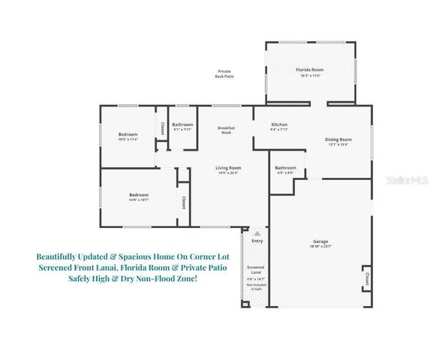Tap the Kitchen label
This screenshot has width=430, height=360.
[279, 124]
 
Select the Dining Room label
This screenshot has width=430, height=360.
[338, 139]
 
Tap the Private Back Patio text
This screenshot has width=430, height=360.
[224, 73]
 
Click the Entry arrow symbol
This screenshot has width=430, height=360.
[257, 234]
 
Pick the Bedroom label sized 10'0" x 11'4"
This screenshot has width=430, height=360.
[128, 134]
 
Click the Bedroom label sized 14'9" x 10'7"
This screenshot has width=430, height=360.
[138, 195]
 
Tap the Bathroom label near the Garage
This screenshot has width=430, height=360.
[285, 167]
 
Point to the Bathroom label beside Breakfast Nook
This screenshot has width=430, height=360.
[182, 124]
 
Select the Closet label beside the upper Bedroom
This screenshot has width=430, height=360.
[162, 129]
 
